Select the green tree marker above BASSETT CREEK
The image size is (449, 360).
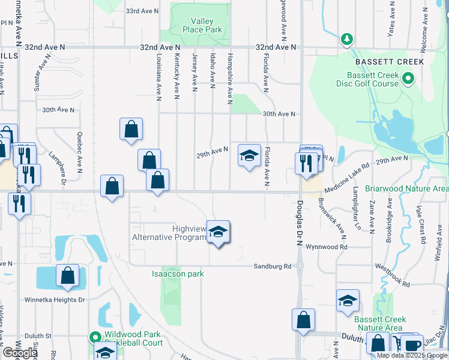pos(346,40)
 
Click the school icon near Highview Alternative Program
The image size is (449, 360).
pos(219,232)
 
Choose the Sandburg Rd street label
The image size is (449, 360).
pos(272,266)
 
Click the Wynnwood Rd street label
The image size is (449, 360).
pos(327,247)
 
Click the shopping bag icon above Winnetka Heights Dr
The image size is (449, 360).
pos(68,276)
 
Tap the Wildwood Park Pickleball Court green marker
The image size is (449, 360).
pos(94,338)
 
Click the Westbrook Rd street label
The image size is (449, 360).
pos(392,275)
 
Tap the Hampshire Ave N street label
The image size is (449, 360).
pos(230,77)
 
